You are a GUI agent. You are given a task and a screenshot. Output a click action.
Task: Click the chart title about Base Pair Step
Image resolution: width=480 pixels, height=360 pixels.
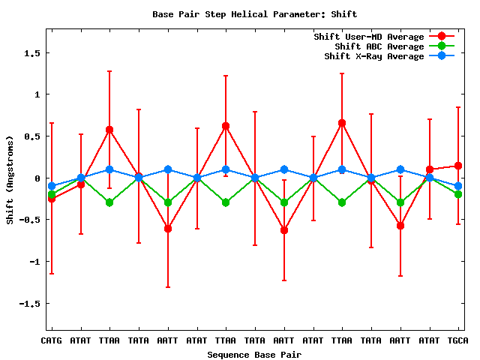254,14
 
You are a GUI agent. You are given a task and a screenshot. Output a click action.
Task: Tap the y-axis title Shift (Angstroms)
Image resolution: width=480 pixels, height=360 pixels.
10,180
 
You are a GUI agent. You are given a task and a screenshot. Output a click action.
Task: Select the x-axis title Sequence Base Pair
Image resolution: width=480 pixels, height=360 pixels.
254,354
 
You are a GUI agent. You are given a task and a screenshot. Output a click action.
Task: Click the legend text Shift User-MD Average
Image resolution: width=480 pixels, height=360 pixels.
369,37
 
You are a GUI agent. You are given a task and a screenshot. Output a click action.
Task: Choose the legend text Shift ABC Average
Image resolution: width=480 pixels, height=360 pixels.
379,46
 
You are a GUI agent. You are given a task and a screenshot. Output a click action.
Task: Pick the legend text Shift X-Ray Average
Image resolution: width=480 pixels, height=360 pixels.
374,56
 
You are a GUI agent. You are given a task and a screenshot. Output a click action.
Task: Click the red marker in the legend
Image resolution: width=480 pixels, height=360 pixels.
442,37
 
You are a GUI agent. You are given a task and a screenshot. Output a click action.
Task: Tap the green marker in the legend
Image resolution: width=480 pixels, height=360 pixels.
442,46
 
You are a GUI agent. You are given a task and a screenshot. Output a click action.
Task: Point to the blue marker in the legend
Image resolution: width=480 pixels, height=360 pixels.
442,56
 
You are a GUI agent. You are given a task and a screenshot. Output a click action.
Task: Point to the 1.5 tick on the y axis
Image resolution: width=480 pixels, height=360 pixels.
32,53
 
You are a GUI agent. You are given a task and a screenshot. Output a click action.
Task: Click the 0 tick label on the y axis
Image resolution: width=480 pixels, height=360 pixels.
37,178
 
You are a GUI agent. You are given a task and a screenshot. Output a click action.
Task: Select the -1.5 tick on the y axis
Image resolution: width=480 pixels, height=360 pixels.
30,304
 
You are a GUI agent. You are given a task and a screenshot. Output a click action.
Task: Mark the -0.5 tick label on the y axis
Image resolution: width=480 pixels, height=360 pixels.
30,220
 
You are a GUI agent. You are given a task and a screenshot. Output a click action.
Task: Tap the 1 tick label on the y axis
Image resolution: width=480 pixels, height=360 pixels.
37,94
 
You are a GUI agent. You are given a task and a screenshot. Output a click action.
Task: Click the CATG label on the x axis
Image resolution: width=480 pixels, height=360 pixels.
51,341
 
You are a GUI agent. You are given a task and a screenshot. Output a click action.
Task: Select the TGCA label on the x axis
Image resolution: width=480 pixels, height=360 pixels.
457,341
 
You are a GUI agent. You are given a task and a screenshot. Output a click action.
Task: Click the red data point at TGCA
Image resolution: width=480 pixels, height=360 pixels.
458,166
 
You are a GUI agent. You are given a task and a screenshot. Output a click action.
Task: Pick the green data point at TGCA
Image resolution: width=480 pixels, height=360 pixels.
458,194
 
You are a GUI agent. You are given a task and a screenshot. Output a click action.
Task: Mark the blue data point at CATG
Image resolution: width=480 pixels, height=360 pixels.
52,186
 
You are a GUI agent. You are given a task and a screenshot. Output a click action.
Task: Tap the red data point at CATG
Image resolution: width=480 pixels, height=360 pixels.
52,199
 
